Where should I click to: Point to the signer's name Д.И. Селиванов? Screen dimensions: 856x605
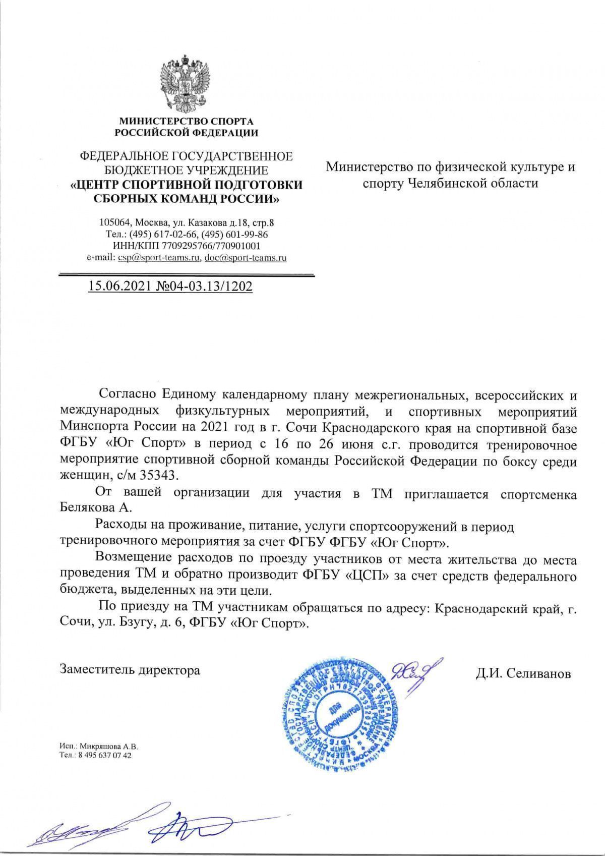523,673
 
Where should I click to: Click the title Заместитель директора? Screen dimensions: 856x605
130,670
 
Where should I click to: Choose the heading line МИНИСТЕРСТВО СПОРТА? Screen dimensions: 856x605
186,122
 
